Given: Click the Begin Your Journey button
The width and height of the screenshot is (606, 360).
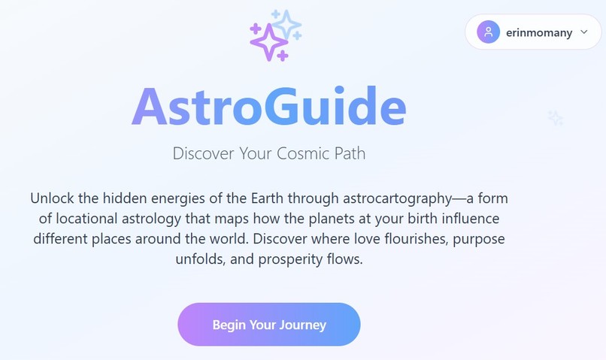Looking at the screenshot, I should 269,325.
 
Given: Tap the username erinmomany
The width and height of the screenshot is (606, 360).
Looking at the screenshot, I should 539,32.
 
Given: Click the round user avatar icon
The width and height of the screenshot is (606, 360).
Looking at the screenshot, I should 489,32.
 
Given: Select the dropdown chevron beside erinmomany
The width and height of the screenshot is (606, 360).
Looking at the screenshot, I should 584,32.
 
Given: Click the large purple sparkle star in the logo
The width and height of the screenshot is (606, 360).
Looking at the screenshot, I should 267,42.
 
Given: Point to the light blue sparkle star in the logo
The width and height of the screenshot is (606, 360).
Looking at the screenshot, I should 286,25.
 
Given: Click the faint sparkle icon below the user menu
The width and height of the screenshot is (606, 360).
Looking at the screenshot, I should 556,118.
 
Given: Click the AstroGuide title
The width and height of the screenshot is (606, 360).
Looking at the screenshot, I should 269,108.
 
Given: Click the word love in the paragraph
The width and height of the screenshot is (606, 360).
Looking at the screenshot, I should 344,240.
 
